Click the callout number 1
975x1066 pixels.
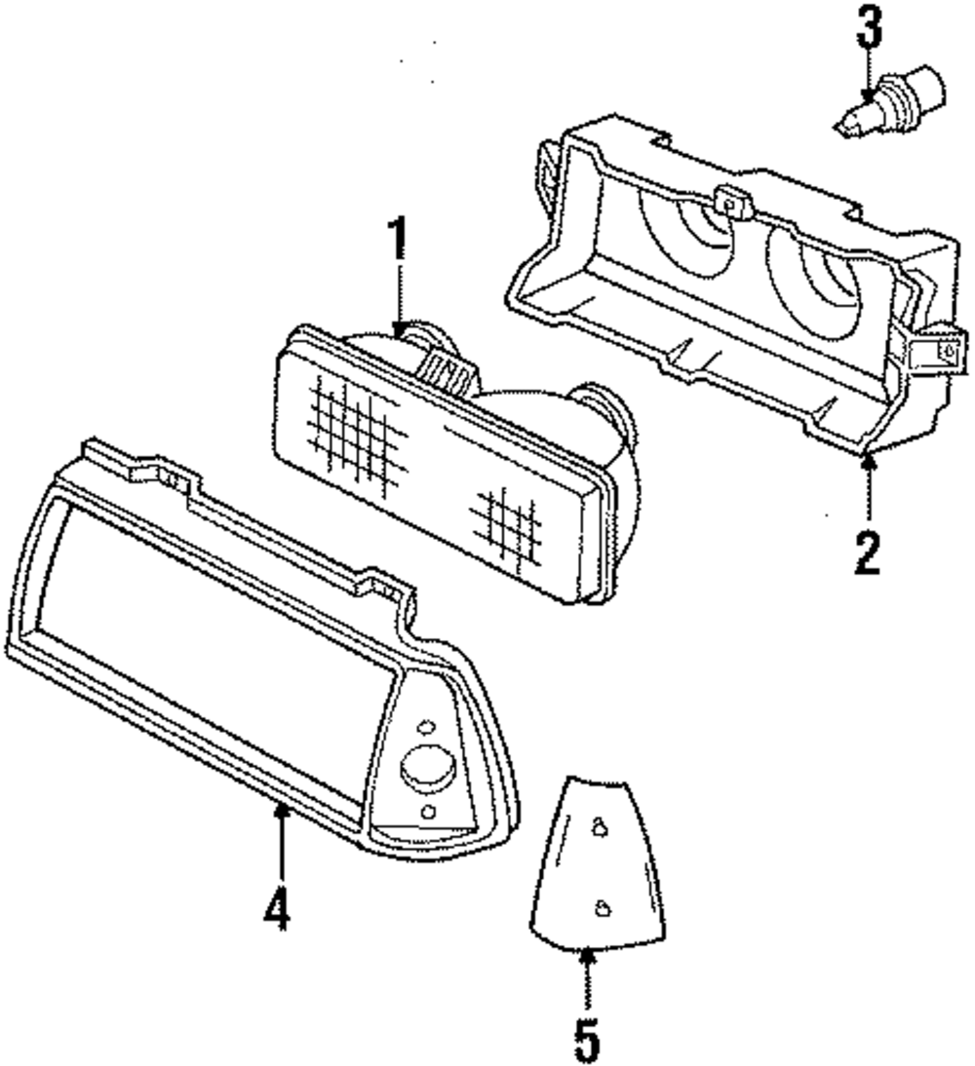point(398,241)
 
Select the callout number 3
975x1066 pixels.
point(869,30)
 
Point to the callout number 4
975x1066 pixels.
point(278,907)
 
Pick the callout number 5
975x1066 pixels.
point(586,1040)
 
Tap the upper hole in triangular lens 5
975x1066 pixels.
point(600,826)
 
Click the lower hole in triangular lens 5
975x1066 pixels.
point(604,908)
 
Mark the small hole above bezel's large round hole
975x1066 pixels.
point(424,726)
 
